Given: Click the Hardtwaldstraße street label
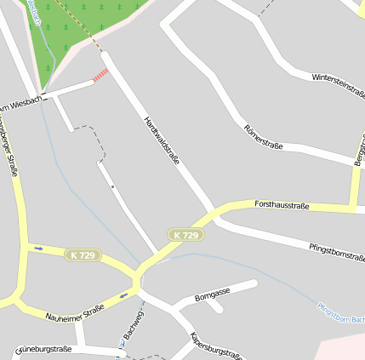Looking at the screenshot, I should click(162, 140).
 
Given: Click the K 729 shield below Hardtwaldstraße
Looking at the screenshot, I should click(185, 235).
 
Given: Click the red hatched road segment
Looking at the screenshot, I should click(100, 76).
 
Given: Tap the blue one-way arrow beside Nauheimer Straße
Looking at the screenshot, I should click(124, 296).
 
